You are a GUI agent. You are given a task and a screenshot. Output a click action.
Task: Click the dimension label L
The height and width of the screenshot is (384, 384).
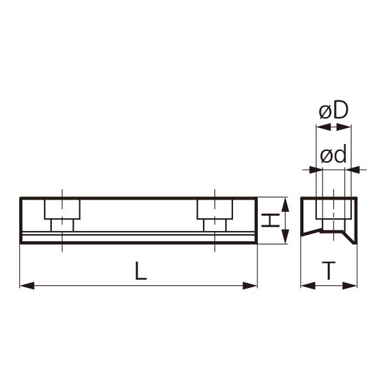pyautogui.click(x=141, y=271)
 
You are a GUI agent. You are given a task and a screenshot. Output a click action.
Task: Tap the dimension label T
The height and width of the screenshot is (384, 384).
pyautogui.click(x=328, y=271)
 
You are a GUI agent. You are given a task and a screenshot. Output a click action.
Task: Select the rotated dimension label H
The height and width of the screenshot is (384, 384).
pyautogui.click(x=271, y=220)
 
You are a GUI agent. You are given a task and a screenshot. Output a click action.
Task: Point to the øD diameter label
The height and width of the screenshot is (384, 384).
pyautogui.click(x=333, y=110)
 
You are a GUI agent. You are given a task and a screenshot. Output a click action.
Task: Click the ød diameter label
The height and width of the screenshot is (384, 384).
pyautogui.click(x=333, y=154)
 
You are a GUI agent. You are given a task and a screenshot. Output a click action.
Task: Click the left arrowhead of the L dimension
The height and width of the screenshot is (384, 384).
pyautogui.click(x=27, y=285)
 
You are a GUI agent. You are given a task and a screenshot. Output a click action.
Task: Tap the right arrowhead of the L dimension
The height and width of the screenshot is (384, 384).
pyautogui.click(x=250, y=285)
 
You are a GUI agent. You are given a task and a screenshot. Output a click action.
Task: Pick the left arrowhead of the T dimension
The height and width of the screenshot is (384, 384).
pyautogui.click(x=308, y=285)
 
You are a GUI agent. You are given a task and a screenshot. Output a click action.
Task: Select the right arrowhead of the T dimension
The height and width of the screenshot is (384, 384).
pyautogui.click(x=349, y=285)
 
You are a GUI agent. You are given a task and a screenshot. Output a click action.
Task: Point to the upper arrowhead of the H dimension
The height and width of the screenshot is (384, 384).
pyautogui.click(x=285, y=205)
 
